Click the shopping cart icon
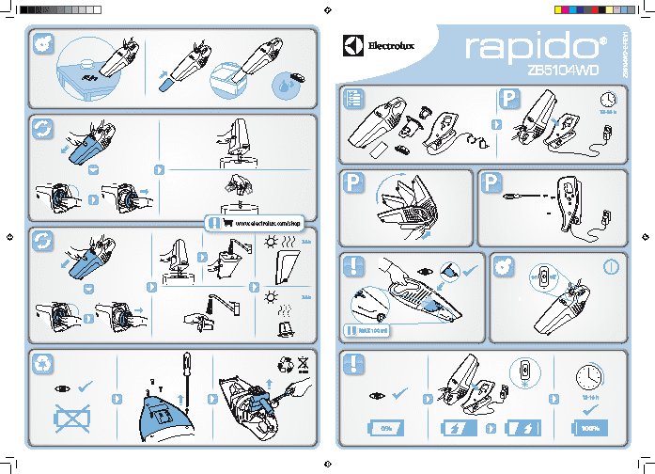pos(227,223)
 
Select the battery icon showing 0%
pos(384,428)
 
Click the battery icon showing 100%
pos(589,428)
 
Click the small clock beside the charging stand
pos(607,100)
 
